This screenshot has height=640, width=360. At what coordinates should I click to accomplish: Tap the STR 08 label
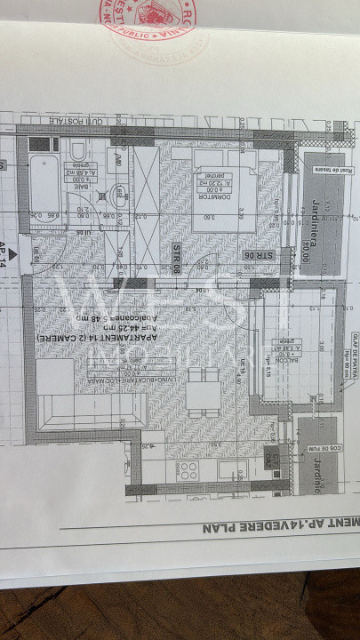(176, 257)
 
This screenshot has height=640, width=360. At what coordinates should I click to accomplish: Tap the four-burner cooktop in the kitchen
(188, 470)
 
